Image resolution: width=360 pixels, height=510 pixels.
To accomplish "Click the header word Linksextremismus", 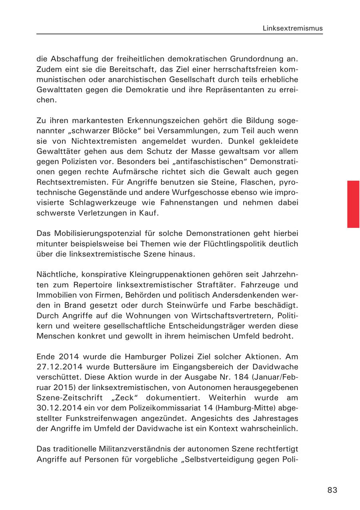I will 292,28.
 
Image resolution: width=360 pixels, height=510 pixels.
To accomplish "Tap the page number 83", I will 332,490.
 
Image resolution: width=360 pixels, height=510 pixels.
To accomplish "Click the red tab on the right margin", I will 353,204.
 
